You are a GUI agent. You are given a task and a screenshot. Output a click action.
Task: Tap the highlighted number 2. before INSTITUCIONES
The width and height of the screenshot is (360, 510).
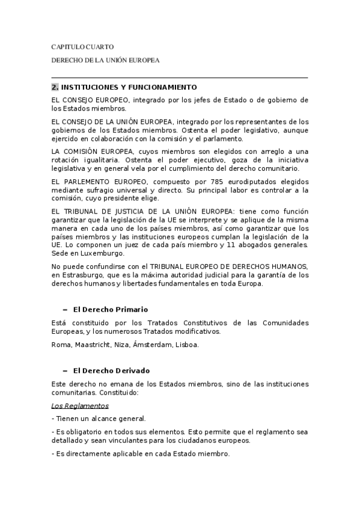[55, 87]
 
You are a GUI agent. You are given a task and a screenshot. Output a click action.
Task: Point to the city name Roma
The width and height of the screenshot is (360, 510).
[61, 345]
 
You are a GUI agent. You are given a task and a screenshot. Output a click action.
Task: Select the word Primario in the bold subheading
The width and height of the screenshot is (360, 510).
[127, 310]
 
